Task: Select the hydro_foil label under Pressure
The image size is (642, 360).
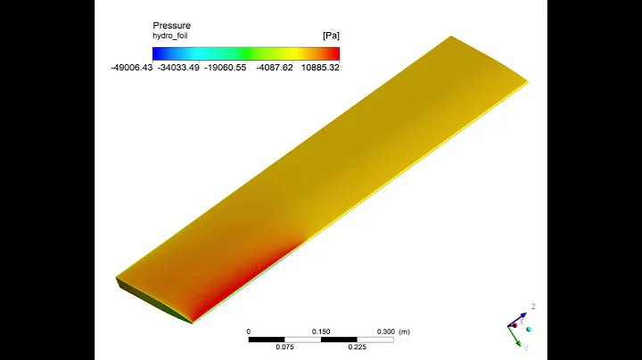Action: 174,36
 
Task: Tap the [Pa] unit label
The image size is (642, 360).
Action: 330,36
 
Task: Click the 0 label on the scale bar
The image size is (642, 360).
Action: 249,331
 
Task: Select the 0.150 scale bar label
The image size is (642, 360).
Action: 321,331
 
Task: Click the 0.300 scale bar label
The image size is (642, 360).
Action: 386,331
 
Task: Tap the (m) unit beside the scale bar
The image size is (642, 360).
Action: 406,331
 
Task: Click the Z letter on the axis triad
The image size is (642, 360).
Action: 532,306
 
